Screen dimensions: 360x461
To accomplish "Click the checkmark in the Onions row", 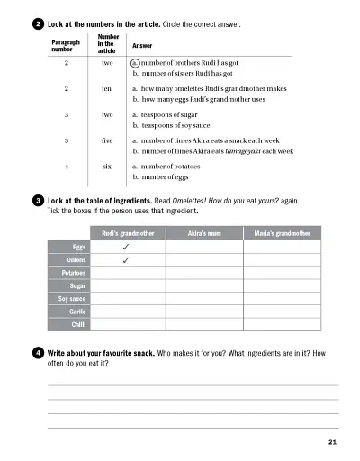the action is (x=126, y=259).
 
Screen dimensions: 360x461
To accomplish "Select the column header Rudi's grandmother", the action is (x=126, y=231).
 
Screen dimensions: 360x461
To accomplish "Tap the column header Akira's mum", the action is (x=203, y=231).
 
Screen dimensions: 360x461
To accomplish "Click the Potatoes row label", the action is (x=73, y=272).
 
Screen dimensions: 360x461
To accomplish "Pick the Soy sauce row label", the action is (x=71, y=298).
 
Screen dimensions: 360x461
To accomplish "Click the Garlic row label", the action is (x=76, y=311).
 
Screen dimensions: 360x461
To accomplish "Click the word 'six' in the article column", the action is (x=106, y=167).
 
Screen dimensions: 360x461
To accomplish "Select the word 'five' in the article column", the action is (x=106, y=140).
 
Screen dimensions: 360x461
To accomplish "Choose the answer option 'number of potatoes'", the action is (x=171, y=167).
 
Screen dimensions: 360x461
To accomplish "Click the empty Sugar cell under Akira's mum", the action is (x=203, y=285).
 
